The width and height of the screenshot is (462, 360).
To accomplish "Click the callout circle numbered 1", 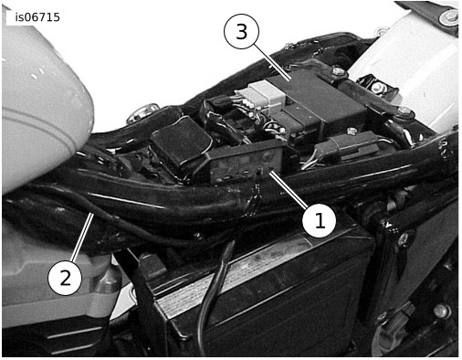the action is (319, 220).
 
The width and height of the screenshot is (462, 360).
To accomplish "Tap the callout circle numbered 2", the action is (65, 278).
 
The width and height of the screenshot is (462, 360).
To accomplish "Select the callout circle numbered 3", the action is (241, 31).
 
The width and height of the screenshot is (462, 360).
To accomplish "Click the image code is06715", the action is (37, 17).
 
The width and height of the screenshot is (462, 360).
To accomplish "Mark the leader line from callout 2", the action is (82, 237).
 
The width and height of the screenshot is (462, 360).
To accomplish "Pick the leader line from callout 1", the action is (289, 190).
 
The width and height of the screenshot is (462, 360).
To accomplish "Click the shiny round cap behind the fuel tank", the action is (143, 112).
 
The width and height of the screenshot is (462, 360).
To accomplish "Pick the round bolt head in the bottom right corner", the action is (441, 312).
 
